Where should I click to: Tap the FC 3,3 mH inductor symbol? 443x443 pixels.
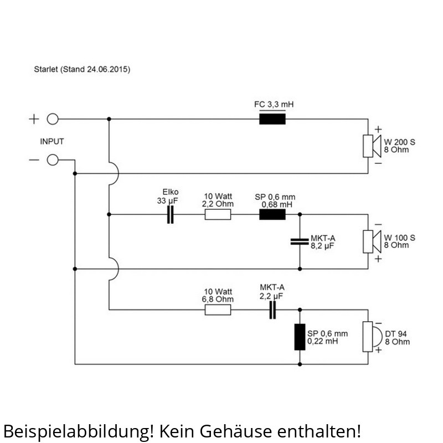point(272,119)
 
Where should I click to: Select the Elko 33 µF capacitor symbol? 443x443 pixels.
point(171,214)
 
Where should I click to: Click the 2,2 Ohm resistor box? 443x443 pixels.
point(218,214)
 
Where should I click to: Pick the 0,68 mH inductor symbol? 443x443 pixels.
point(272,214)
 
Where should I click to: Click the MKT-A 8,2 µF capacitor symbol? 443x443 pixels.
point(300,241)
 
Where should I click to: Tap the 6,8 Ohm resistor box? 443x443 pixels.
point(218,310)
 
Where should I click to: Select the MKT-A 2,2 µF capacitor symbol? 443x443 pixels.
point(272,310)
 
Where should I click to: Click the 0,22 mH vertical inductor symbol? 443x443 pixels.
point(300,337)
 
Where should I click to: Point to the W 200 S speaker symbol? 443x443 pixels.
point(372,146)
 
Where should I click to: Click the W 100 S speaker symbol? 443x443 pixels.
point(372,241)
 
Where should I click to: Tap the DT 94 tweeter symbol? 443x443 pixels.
point(372,337)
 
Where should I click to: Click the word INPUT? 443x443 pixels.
point(52,141)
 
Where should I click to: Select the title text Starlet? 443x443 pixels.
point(46,69)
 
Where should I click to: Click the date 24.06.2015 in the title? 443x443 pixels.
point(107,69)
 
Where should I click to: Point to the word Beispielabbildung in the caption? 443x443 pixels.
point(78,431)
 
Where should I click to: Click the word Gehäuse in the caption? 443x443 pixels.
point(236,431)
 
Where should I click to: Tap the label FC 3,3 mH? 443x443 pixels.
point(274,105)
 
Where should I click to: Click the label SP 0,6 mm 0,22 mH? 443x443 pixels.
point(327,337)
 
